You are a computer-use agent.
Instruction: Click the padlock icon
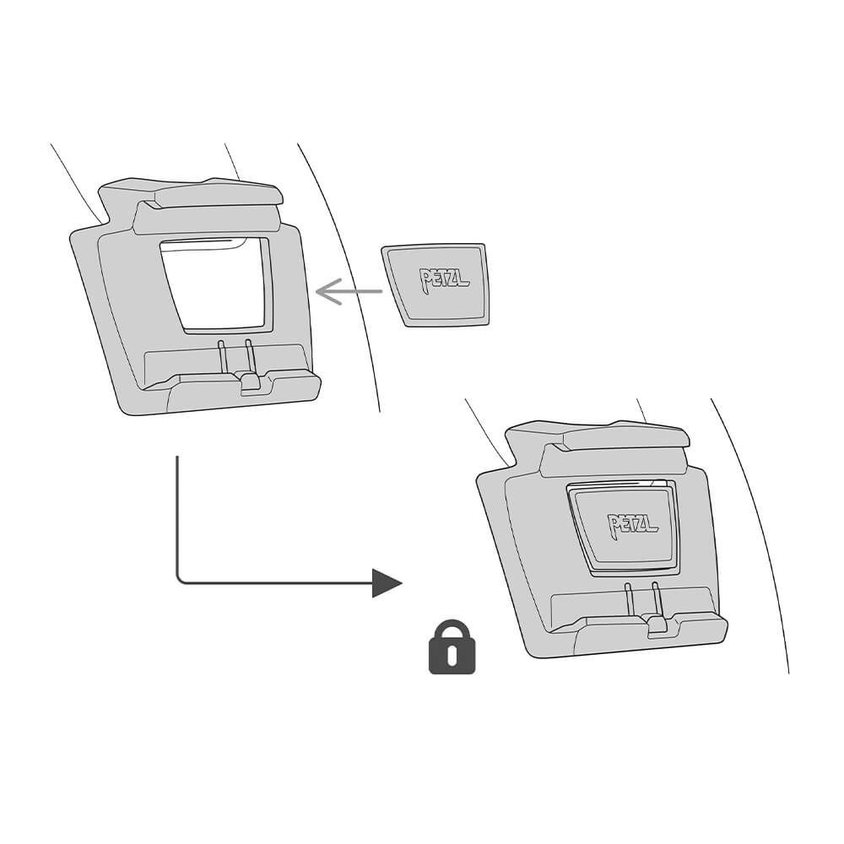click(x=452, y=647)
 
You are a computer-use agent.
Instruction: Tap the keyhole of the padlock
click(x=452, y=653)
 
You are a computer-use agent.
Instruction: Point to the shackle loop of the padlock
click(x=452, y=630)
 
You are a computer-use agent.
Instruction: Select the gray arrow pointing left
click(x=349, y=292)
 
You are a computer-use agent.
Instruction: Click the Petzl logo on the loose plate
click(x=444, y=279)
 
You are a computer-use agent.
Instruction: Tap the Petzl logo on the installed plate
click(x=632, y=523)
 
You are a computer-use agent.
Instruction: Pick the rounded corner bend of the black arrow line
click(x=181, y=579)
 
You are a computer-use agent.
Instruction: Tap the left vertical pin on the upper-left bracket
click(x=222, y=356)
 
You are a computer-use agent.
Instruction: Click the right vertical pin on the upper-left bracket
click(x=249, y=356)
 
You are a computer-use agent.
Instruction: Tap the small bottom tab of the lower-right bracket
click(x=657, y=626)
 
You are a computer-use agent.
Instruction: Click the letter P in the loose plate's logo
click(x=425, y=281)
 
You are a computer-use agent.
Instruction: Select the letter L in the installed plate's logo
click(x=652, y=525)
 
